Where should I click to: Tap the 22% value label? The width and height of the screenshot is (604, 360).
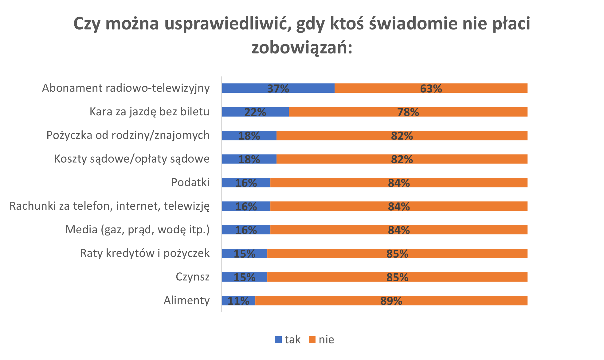tap(255, 112)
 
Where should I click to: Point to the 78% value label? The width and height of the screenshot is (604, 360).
tap(408, 112)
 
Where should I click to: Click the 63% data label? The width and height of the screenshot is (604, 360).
tap(431, 89)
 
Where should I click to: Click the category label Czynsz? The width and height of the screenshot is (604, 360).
tap(192, 277)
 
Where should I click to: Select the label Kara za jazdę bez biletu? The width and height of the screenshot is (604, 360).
tap(149, 112)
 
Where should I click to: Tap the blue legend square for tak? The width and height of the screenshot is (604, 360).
tap(278, 340)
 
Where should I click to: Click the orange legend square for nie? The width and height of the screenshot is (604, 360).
tap(312, 340)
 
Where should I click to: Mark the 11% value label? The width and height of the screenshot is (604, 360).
tap(238, 301)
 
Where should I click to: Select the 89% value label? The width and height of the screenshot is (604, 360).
tap(391, 301)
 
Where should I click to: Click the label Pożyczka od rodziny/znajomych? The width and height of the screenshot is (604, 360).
tap(128, 135)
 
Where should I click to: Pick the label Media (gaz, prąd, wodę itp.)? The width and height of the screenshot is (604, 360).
tap(137, 230)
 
